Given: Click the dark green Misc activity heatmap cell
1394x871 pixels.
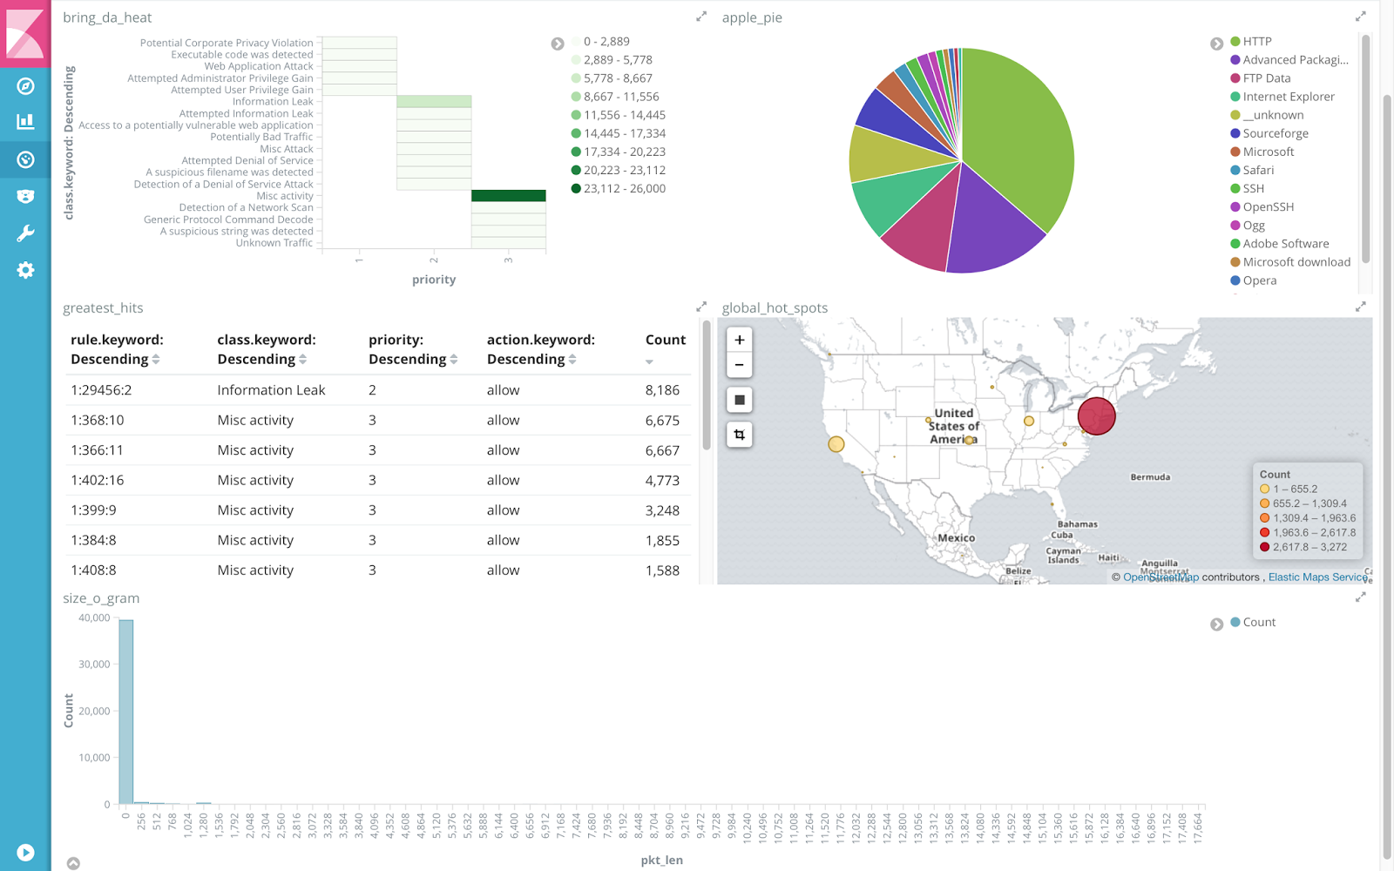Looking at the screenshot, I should pyautogui.click(x=509, y=196).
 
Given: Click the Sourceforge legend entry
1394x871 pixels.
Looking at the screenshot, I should pyautogui.click(x=1275, y=133).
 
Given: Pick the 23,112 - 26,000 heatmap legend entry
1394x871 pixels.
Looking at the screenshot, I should pyautogui.click(x=624, y=188).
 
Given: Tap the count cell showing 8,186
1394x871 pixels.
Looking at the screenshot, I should pyautogui.click(x=662, y=390).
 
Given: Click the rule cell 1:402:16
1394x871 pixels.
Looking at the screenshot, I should pyautogui.click(x=98, y=480).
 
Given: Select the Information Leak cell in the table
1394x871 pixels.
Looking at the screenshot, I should pyautogui.click(x=271, y=390).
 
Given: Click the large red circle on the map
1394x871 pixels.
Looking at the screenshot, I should pyautogui.click(x=1096, y=415).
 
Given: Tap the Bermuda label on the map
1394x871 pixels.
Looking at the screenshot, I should pyautogui.click(x=1150, y=477).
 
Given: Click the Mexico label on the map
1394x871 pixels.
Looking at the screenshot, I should pyautogui.click(x=956, y=538).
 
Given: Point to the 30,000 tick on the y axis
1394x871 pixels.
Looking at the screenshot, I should pyautogui.click(x=94, y=664).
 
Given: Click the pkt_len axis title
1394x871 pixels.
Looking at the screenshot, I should pyautogui.click(x=661, y=860).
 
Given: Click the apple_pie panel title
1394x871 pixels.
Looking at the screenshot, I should pyautogui.click(x=752, y=17).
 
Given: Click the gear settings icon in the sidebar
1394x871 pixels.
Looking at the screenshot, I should pyautogui.click(x=25, y=270).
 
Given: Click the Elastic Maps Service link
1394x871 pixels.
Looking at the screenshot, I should pyautogui.click(x=1316, y=577).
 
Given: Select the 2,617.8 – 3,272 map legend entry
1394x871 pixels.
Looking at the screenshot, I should pyautogui.click(x=1309, y=547).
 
